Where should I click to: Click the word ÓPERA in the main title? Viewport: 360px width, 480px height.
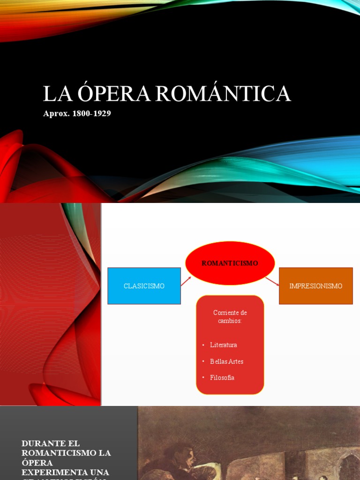click(x=115, y=94)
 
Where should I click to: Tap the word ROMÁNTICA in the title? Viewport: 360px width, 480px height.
click(x=223, y=94)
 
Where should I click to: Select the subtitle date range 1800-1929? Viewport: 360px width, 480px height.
click(x=91, y=114)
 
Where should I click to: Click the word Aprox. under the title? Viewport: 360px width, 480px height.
click(x=56, y=114)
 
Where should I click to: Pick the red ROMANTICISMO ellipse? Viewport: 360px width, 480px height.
click(x=230, y=263)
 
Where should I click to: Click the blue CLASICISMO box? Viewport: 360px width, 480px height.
click(x=144, y=286)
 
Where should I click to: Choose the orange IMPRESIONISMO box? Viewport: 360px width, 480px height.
click(x=315, y=286)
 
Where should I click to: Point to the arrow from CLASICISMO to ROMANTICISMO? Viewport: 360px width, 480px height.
click(x=186, y=281)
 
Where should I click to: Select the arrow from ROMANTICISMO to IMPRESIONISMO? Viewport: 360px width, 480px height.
click(x=272, y=281)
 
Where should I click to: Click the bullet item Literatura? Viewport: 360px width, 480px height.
click(x=224, y=345)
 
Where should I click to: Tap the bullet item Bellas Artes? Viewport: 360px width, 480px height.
click(x=226, y=361)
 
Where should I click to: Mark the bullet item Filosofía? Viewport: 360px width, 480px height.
click(x=222, y=378)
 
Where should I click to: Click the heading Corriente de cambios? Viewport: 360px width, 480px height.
click(x=230, y=316)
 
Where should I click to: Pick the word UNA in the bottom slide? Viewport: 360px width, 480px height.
click(x=99, y=472)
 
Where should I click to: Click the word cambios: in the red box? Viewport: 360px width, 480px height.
click(x=230, y=320)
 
